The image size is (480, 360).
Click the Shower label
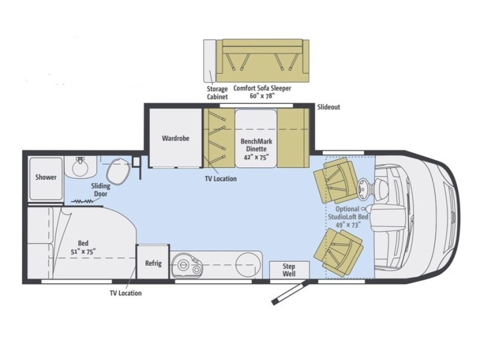pos(46,177)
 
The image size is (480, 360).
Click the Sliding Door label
pos(100,190)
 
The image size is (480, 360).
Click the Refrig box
pos(153,263)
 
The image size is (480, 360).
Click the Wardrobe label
pos(175,138)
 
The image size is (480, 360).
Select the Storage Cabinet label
pos(217,92)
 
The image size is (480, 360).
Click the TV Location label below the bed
pos(125,293)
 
